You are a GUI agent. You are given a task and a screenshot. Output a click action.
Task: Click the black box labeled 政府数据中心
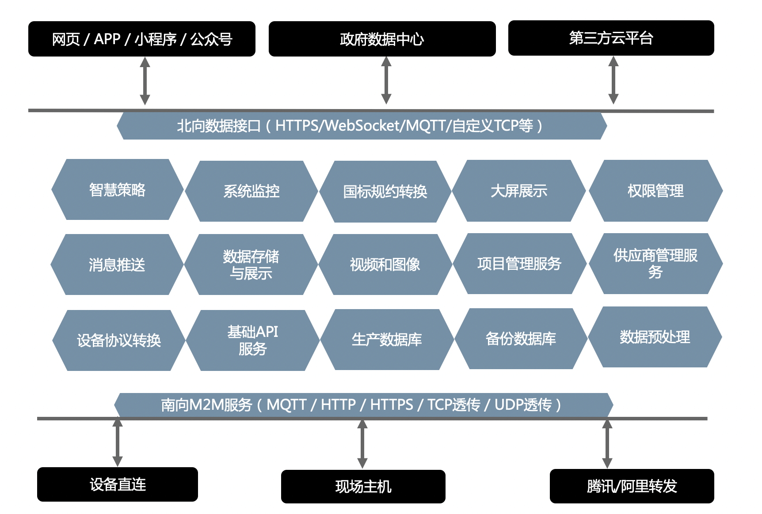pos(382,39)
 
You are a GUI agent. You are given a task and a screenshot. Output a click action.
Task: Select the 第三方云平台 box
pos(611,38)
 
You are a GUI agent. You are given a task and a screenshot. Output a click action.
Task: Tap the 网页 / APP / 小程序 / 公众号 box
pos(141,39)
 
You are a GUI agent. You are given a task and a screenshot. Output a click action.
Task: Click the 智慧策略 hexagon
pos(117,189)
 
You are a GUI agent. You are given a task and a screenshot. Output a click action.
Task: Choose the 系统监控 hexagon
pos(251,191)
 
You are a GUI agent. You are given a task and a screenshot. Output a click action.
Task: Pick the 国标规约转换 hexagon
pos(385,191)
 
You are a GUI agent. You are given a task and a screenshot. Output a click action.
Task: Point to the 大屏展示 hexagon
pos(519,191)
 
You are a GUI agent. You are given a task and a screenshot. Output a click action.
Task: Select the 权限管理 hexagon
pos(655,191)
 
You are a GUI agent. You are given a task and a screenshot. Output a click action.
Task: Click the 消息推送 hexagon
pos(117,265)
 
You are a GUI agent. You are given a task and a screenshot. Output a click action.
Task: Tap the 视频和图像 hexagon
pos(385,265)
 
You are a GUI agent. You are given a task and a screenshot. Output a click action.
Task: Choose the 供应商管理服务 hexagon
pos(655,264)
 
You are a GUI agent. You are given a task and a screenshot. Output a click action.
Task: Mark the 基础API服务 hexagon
pos(252,340)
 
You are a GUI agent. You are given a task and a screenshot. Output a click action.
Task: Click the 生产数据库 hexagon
pos(387,339)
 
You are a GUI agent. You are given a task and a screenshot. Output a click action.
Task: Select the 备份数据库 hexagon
pos(521,338)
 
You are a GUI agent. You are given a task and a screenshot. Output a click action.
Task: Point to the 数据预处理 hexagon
pos(655,337)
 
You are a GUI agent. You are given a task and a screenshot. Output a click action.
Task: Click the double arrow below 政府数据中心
pos(386,80)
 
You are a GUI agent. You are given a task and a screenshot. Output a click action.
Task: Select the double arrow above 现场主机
pos(362,443)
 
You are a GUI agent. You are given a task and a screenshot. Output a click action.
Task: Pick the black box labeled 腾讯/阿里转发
pos(632,486)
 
